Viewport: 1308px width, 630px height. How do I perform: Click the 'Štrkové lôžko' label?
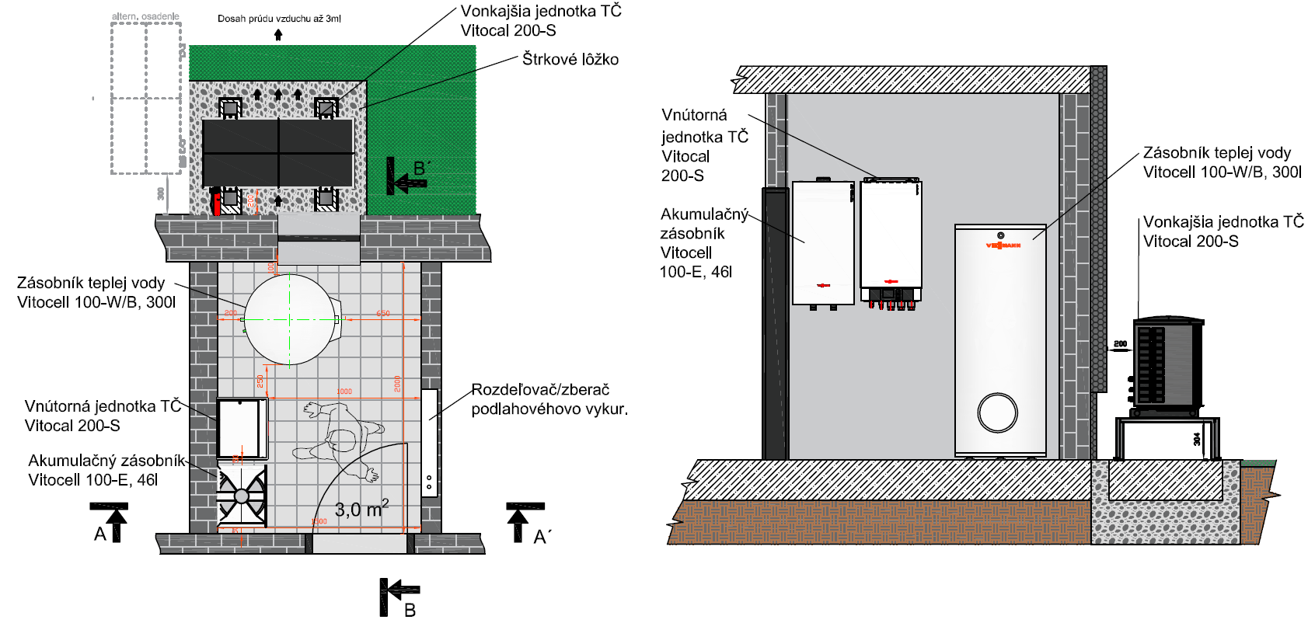point(570,60)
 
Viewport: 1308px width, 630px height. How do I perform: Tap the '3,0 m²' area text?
point(361,510)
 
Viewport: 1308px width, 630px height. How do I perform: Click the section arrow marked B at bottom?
point(399,596)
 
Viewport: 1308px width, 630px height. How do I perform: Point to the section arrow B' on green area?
point(406,176)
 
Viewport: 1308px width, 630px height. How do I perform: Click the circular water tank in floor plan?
point(291,319)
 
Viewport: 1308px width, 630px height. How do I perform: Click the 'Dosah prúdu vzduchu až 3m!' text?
point(279,19)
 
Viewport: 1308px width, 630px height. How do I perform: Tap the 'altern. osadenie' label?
point(145,16)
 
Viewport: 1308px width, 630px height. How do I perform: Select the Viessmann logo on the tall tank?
point(1003,245)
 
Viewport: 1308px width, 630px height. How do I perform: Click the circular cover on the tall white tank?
point(998,412)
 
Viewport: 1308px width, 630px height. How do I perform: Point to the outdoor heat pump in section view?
point(1168,364)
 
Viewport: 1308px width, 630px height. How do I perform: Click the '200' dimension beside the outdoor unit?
point(1120,343)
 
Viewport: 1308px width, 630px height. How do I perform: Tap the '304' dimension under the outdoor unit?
point(1197,440)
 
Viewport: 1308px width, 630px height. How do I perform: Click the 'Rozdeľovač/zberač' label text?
point(540,390)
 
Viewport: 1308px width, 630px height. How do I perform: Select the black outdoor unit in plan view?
point(277,153)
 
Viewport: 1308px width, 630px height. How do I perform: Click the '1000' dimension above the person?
point(344,392)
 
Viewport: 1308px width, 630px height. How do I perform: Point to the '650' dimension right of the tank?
point(383,314)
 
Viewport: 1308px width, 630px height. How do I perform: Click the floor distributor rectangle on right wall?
point(429,443)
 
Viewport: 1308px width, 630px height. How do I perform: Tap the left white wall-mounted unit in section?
point(823,242)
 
